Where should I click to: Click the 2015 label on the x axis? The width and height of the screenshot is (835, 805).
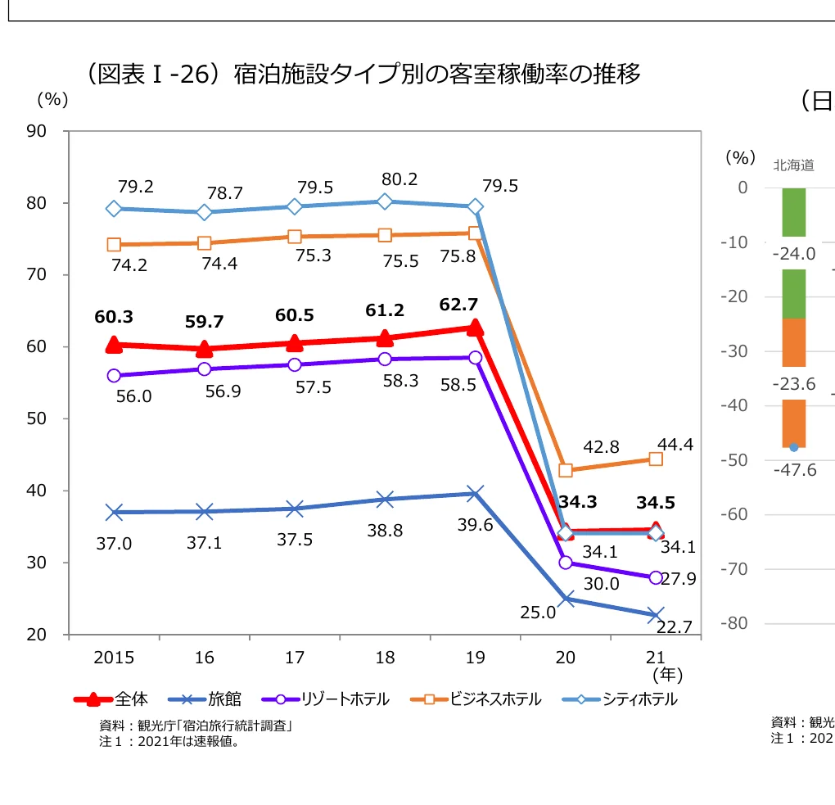[x=114, y=658]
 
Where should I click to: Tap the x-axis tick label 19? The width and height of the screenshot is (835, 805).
[x=475, y=658]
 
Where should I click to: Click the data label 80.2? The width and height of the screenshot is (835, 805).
[x=399, y=179]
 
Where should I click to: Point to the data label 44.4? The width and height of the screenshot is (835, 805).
[x=675, y=445]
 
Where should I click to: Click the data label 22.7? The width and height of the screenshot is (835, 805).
[x=675, y=627]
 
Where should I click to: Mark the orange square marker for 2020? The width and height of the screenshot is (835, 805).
[x=565, y=471]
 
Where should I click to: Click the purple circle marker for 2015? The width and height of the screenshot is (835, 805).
[x=114, y=376]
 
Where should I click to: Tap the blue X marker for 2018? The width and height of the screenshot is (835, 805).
[x=385, y=500]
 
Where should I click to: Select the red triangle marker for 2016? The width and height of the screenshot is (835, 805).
[x=204, y=348]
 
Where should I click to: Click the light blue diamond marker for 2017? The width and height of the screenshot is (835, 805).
[x=295, y=206]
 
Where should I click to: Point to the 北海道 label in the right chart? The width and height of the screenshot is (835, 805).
[x=793, y=165]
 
